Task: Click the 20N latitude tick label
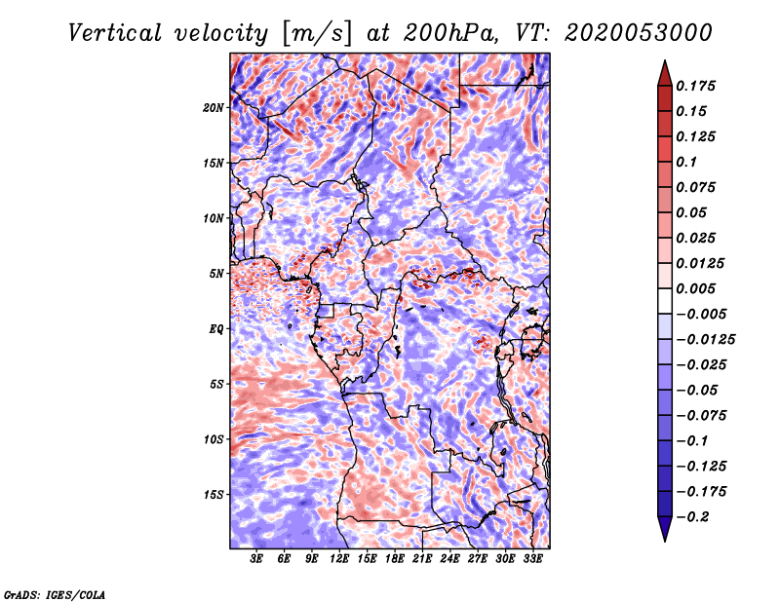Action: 214,107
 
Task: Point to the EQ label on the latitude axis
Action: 216,328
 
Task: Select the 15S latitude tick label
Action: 214,494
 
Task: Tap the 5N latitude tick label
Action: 216,274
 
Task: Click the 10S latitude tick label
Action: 214,439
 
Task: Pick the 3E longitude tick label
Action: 256,558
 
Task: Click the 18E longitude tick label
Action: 395,558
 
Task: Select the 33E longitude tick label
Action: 532,558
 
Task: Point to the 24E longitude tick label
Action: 449,558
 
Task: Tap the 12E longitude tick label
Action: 339,558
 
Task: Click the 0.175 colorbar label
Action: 695,86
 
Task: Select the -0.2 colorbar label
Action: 692,516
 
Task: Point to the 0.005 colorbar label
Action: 695,288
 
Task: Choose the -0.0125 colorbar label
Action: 705,339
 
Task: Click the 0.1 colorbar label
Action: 686,162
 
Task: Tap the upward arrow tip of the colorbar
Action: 665,60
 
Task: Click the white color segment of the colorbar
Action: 665,301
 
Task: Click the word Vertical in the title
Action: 115,33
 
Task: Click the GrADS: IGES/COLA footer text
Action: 55,594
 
